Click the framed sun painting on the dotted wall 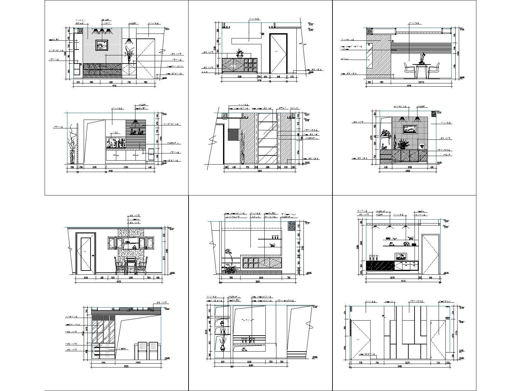click(102, 45)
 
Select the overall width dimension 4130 click(114, 86)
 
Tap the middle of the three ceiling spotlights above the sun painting click(102, 31)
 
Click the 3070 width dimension click(421, 82)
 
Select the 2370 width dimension click(407, 362)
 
